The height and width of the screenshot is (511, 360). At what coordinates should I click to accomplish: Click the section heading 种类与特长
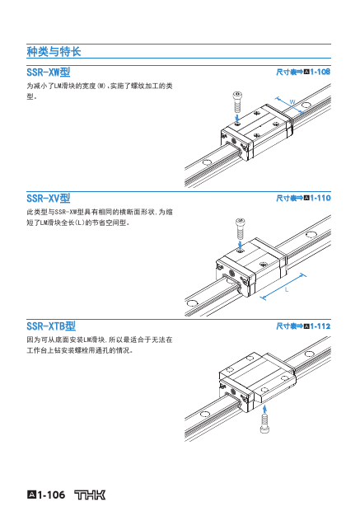coord(54,51)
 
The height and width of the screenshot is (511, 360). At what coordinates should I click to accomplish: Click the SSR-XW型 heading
coord(49,72)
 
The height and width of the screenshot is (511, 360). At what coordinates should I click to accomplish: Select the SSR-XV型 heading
coord(49,198)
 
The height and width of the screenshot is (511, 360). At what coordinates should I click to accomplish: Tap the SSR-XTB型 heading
coord(51,326)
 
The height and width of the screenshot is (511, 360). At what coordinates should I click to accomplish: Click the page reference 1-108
coord(320,72)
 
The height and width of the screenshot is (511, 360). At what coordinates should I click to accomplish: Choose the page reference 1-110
coord(320,198)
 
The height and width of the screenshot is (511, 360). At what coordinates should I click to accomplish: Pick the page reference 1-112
coord(320,326)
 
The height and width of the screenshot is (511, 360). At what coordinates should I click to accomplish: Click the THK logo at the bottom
coord(90,495)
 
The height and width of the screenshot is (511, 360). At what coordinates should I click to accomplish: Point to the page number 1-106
coord(51,495)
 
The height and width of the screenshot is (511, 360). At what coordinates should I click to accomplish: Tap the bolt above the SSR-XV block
coord(240,228)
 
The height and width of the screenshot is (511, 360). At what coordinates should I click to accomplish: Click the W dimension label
coord(292,102)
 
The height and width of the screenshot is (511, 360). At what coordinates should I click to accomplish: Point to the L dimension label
coord(287,289)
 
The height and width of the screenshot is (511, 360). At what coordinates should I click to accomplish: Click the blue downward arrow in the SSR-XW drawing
coord(237,117)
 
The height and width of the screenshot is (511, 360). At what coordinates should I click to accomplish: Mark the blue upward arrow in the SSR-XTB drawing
coord(264,409)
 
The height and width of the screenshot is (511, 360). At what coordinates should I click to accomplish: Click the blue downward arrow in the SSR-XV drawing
coord(240,245)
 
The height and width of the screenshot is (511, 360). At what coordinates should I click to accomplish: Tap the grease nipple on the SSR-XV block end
coord(232,272)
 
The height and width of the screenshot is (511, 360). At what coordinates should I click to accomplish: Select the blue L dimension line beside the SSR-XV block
coord(283,286)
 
